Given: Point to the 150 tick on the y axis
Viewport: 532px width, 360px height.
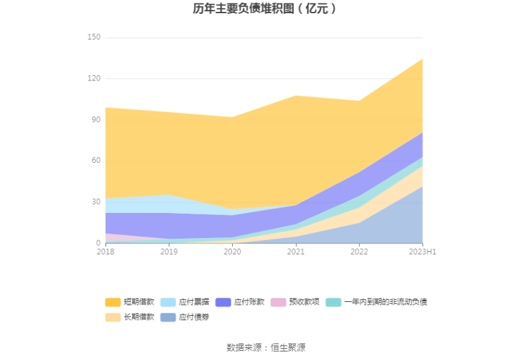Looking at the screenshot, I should (94, 38).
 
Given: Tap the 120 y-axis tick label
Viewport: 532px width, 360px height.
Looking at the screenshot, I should (94, 78).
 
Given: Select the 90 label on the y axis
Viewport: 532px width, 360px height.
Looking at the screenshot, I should (96, 120).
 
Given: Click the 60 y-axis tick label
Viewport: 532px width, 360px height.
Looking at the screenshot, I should (96, 161).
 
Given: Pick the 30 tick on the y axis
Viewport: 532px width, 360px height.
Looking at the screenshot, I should (96, 202).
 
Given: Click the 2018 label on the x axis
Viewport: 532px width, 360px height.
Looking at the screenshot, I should (105, 252).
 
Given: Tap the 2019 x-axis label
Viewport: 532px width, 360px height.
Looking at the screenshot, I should (169, 252).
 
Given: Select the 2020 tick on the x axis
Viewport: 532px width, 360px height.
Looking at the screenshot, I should (232, 252).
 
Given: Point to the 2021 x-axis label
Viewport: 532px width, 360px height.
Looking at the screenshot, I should (295, 252).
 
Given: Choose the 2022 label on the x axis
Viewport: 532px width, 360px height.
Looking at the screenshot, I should (359, 252).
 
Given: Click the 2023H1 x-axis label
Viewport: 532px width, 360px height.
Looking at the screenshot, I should (423, 252).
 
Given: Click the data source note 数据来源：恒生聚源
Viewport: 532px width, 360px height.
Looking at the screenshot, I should (266, 347).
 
